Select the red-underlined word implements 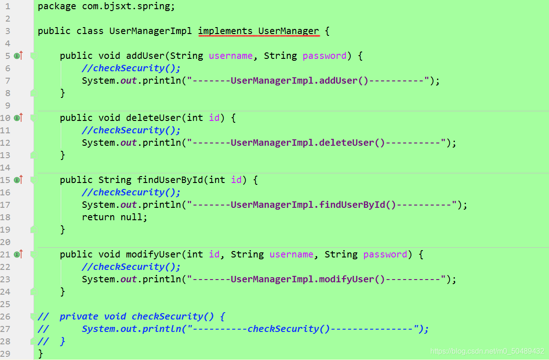225,31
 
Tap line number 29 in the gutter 6,354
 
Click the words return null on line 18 114,217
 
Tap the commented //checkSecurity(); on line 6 131,69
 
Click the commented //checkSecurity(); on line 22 131,267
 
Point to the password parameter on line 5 324,56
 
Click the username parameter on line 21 291,255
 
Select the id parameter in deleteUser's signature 214,118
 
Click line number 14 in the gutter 6,167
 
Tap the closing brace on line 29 41,354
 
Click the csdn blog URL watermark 487,352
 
